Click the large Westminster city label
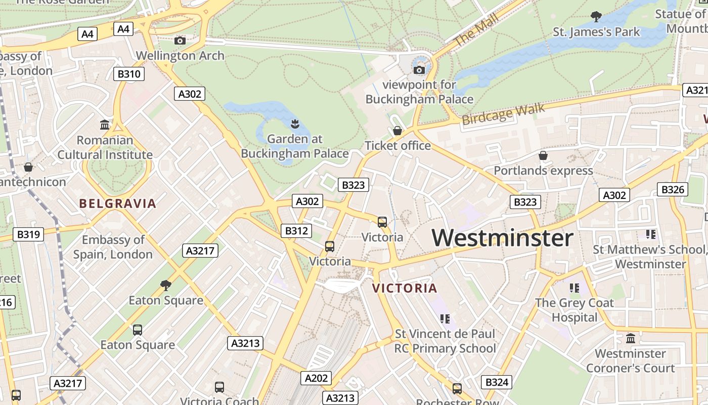point(502,238)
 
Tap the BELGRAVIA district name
point(117,204)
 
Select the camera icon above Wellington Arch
point(180,40)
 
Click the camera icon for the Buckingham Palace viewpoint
point(419,70)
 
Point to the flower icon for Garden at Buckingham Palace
point(294,123)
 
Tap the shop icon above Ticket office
point(397,131)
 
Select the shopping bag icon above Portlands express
point(543,155)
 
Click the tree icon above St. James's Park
point(596,17)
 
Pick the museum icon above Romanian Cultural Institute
point(105,125)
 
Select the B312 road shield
point(296,231)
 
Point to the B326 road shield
point(673,190)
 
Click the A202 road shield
point(317,378)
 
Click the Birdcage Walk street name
point(503,114)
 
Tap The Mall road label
point(476,30)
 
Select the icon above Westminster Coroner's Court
point(630,338)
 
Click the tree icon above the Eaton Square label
point(165,285)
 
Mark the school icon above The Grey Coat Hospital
point(574,288)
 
